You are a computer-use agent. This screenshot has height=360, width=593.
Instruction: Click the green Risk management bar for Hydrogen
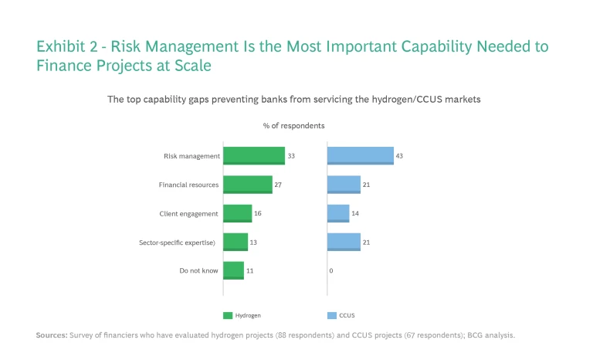(x=254, y=156)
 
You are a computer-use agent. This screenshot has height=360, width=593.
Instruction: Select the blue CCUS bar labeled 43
(x=360, y=156)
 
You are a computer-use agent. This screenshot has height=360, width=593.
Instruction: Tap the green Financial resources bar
(x=248, y=185)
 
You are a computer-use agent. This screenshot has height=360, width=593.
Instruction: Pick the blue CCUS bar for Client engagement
(x=338, y=213)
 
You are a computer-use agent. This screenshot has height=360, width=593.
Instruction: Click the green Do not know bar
(x=233, y=270)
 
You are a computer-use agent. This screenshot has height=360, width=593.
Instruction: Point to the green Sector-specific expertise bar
(x=236, y=242)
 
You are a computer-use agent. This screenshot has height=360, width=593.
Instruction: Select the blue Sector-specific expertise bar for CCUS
(x=344, y=242)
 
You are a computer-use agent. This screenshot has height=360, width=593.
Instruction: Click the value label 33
(x=291, y=156)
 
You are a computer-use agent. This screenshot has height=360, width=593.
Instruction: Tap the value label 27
(x=278, y=185)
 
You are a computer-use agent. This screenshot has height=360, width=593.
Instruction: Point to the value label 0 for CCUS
(x=330, y=271)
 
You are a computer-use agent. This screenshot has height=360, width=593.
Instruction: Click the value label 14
(x=355, y=213)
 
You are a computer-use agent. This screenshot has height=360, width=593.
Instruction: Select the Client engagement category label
(x=189, y=213)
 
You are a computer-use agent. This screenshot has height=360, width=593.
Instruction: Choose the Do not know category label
(x=199, y=270)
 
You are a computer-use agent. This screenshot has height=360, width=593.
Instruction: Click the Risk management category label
(x=192, y=156)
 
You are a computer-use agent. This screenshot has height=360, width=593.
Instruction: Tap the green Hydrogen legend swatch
(x=228, y=315)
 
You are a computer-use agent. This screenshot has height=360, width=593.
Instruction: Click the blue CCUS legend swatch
(x=332, y=315)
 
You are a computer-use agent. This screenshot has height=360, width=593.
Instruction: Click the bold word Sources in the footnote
(x=51, y=335)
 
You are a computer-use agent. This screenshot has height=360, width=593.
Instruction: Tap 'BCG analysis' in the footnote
(x=491, y=335)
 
